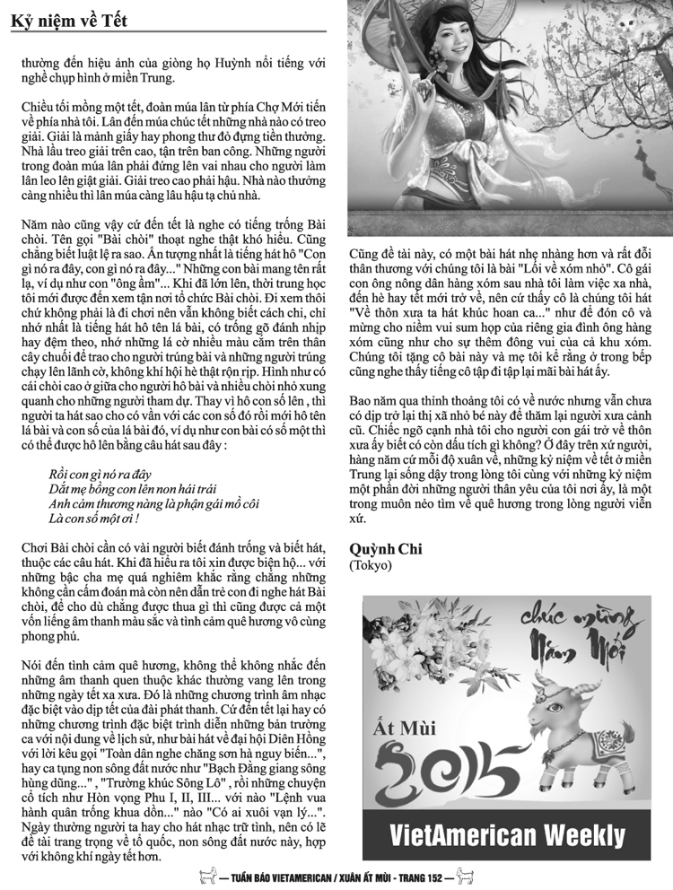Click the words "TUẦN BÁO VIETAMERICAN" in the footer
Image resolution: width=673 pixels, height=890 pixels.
(284, 877)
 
